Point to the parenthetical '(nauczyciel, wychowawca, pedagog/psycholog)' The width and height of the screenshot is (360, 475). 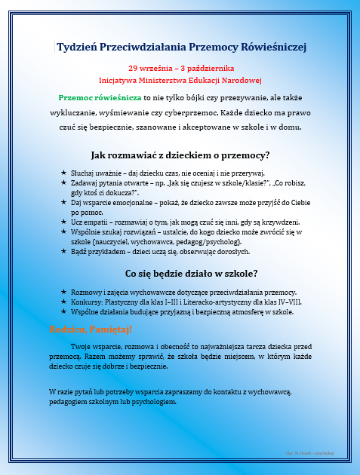(152, 242)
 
